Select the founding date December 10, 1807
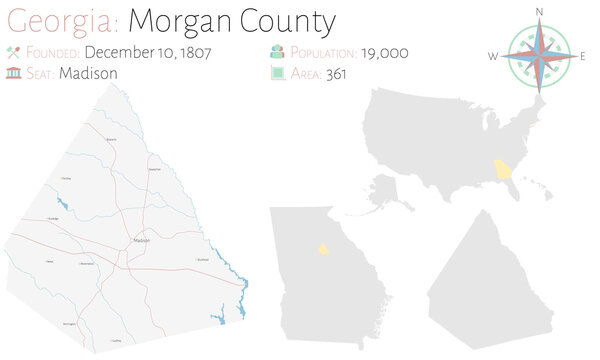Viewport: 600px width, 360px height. click(x=148, y=52)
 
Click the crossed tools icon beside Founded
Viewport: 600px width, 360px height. click(x=14, y=52)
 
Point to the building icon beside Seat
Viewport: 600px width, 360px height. click(x=14, y=73)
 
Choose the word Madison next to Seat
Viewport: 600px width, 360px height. click(x=89, y=73)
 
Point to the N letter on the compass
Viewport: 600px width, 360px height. click(x=539, y=11)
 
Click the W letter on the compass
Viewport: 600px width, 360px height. click(x=493, y=56)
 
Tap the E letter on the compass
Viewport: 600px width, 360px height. click(x=583, y=56)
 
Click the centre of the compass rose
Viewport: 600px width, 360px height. click(x=538, y=56)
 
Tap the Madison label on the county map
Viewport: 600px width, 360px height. click(x=141, y=240)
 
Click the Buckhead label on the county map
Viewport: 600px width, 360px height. click(x=202, y=259)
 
